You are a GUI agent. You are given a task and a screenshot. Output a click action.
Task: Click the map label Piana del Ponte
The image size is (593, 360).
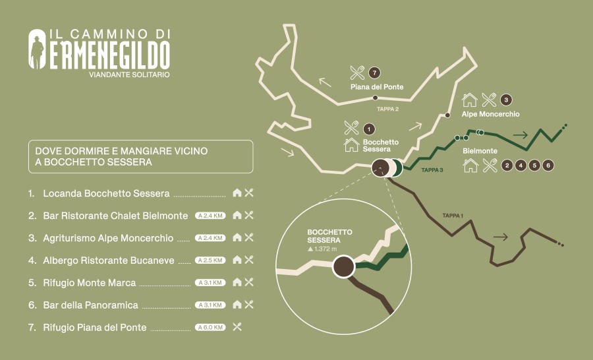point(376,87)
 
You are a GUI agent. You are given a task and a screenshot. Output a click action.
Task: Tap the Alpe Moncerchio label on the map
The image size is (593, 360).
point(490,114)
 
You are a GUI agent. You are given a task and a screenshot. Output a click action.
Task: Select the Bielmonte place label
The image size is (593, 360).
point(480,151)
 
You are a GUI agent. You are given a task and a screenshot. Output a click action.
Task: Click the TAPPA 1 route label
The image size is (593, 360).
point(453,216)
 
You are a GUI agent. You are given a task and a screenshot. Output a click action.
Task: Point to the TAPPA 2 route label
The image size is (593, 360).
point(387,109)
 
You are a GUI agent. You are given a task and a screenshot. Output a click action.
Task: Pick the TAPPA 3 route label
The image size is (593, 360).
point(432,170)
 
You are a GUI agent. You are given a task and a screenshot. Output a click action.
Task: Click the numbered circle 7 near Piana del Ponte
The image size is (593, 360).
point(375,73)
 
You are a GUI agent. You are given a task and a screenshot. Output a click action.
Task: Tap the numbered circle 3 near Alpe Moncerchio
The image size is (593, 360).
point(506,100)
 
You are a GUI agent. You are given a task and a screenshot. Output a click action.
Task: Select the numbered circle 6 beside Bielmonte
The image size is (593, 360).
point(548,165)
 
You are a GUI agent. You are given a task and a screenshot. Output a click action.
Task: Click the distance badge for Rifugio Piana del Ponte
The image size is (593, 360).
point(210,327)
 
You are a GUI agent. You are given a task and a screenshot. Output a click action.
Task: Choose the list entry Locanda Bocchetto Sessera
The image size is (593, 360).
point(106,194)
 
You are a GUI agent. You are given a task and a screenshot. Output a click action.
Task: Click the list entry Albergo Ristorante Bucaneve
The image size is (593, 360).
point(109,260)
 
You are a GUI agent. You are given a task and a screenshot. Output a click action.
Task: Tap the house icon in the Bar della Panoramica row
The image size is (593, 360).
point(237,305)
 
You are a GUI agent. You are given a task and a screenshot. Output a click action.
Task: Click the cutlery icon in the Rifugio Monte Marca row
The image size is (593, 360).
point(249,282)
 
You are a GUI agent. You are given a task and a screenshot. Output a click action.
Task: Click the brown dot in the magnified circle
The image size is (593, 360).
point(343,268)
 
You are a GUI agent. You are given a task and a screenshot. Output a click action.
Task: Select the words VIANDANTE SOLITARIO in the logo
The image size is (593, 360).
point(129,75)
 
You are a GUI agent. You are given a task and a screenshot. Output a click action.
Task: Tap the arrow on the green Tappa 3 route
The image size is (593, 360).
point(521,135)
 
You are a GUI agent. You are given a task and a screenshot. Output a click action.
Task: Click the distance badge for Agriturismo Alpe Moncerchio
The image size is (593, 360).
point(210,238)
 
